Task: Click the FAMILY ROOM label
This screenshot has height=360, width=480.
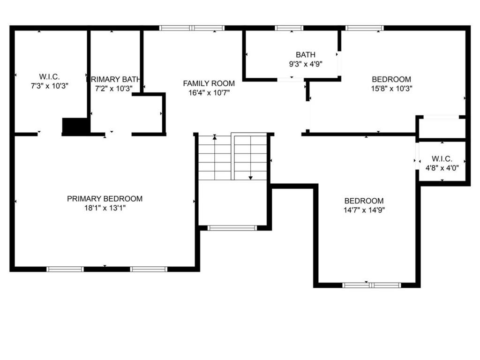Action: pyautogui.click(x=209, y=83)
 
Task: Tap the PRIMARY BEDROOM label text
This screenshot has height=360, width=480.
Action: pyautogui.click(x=105, y=199)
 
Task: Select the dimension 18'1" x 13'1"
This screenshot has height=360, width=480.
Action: pyautogui.click(x=105, y=208)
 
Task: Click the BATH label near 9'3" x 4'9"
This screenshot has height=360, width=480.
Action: pyautogui.click(x=306, y=55)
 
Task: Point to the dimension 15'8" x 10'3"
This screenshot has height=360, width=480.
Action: pyautogui.click(x=391, y=89)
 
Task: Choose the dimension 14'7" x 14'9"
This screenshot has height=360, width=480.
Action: pyautogui.click(x=364, y=210)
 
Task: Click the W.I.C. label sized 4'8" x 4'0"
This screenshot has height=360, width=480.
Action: pyautogui.click(x=442, y=159)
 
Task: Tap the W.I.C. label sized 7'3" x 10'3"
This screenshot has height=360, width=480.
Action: pyautogui.click(x=49, y=76)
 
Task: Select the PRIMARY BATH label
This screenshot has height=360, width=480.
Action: pyautogui.click(x=113, y=80)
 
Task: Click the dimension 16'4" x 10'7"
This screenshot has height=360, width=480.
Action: pyautogui.click(x=209, y=93)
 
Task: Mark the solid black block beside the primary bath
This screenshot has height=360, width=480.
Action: pyautogui.click(x=75, y=126)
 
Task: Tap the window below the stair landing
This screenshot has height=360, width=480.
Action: pyautogui.click(x=232, y=228)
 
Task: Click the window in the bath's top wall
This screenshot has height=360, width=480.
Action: pyautogui.click(x=289, y=28)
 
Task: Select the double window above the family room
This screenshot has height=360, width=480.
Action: pyautogui.click(x=192, y=28)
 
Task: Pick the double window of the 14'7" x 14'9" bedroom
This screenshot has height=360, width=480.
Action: pyautogui.click(x=372, y=285)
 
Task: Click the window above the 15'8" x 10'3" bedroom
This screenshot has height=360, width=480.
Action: pyautogui.click(x=365, y=28)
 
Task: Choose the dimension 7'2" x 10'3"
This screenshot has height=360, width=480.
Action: pyautogui.click(x=113, y=89)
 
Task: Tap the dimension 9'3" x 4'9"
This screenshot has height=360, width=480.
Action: pyautogui.click(x=306, y=64)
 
